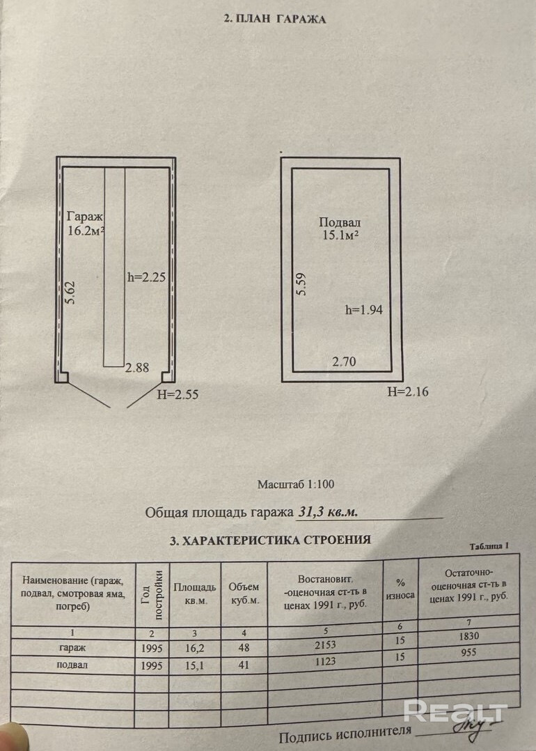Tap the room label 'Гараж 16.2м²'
click(86, 223)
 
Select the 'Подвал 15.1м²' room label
click(339, 229)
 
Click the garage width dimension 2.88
click(136, 369)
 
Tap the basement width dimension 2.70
click(345, 362)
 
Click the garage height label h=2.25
click(145, 276)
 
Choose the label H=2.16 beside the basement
click(408, 392)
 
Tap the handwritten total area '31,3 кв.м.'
click(328, 512)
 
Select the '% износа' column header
click(401, 589)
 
